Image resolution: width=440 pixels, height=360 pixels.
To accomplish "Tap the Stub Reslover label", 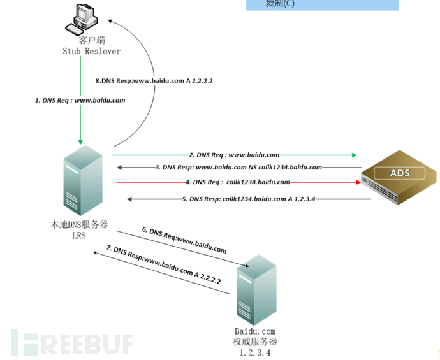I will tap(91, 51).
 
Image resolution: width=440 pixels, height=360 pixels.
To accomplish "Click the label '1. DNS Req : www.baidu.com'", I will tap(80, 100).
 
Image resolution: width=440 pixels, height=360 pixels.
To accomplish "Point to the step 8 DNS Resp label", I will tap(153, 81).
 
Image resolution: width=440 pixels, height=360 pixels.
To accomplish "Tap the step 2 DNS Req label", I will tap(234, 154).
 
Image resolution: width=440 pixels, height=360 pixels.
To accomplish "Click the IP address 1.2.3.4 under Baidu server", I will tap(255, 352).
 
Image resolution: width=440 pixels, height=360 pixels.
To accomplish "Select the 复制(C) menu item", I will tap(281, 4).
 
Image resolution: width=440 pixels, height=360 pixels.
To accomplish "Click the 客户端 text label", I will tap(91, 40).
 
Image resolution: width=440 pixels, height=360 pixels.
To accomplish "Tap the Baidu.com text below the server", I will tap(254, 331).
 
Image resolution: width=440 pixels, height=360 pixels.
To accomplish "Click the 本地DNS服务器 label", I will tap(79, 224).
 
